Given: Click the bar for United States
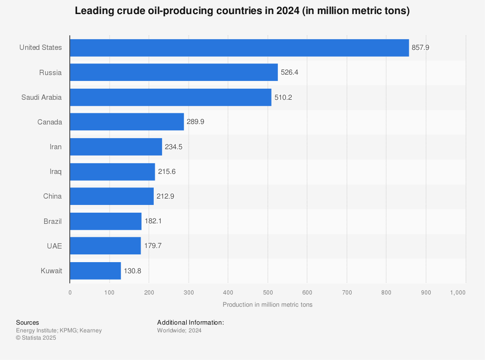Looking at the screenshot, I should pyautogui.click(x=239, y=48).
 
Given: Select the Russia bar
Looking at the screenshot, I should pyautogui.click(x=174, y=73).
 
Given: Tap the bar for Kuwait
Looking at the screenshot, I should pyautogui.click(x=95, y=271).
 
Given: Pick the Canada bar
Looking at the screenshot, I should pyautogui.click(x=127, y=122).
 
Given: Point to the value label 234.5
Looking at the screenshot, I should pyautogui.click(x=174, y=147).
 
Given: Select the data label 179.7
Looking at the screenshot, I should pyautogui.click(x=152, y=246).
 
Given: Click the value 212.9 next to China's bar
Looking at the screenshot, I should pyautogui.click(x=165, y=196).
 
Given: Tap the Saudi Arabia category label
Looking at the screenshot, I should pyautogui.click(x=41, y=97).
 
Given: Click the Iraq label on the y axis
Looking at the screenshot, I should pyautogui.click(x=55, y=172).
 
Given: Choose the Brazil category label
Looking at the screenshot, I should pyautogui.click(x=52, y=221).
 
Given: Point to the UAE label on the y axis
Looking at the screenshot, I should pyautogui.click(x=54, y=246).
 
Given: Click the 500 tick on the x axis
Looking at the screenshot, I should pyautogui.click(x=268, y=293).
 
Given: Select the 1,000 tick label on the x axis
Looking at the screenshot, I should pyautogui.click(x=457, y=293).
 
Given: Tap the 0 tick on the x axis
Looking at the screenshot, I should pyautogui.click(x=70, y=293).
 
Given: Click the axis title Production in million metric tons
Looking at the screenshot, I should pyautogui.click(x=267, y=305).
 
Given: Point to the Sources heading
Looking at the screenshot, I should pyautogui.click(x=28, y=323).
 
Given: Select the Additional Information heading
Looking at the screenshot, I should pyautogui.click(x=190, y=323).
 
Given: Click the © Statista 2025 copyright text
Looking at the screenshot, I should pyautogui.click(x=36, y=338).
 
